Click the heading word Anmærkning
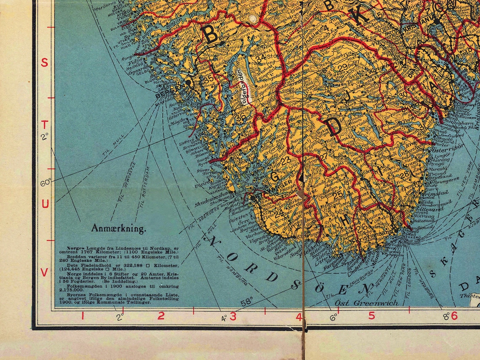pyautogui.click(x=118, y=229)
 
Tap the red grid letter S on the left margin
pyautogui.click(x=44, y=63)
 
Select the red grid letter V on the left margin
pyautogui.click(x=44, y=273)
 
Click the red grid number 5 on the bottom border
pyautogui.click(x=371, y=315)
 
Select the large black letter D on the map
pyautogui.click(x=333, y=127)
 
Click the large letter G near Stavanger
pyautogui.click(x=275, y=177)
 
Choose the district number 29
pyautogui.click(x=342, y=67)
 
